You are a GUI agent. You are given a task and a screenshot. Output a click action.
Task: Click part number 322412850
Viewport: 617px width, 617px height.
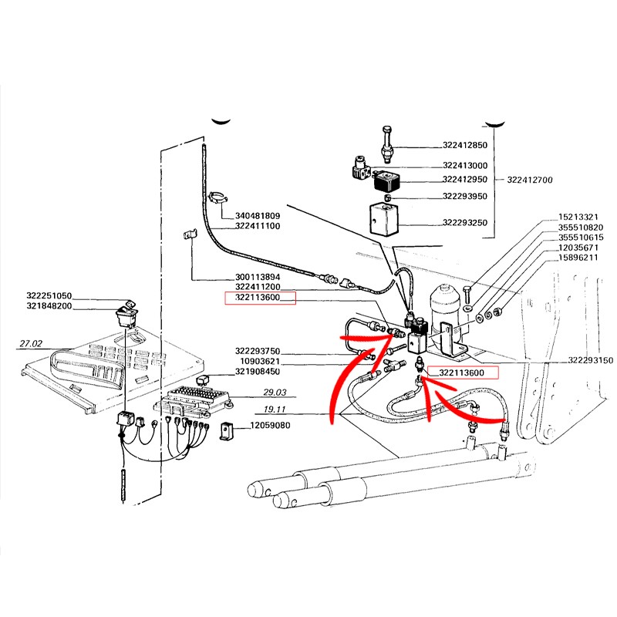tap(465, 145)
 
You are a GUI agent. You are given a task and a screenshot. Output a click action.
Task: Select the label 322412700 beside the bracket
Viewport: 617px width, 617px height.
tap(530, 180)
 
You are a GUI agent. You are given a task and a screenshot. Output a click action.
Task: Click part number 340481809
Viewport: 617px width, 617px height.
tap(258, 216)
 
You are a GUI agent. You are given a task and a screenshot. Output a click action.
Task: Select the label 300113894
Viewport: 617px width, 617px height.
tap(258, 278)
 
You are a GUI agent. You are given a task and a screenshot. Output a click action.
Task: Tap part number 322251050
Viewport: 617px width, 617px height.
tap(49, 296)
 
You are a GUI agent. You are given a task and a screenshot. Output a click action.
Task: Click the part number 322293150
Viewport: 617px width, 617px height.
tap(590, 360)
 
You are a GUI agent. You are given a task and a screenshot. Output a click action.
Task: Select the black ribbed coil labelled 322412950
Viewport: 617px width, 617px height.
tap(387, 181)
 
